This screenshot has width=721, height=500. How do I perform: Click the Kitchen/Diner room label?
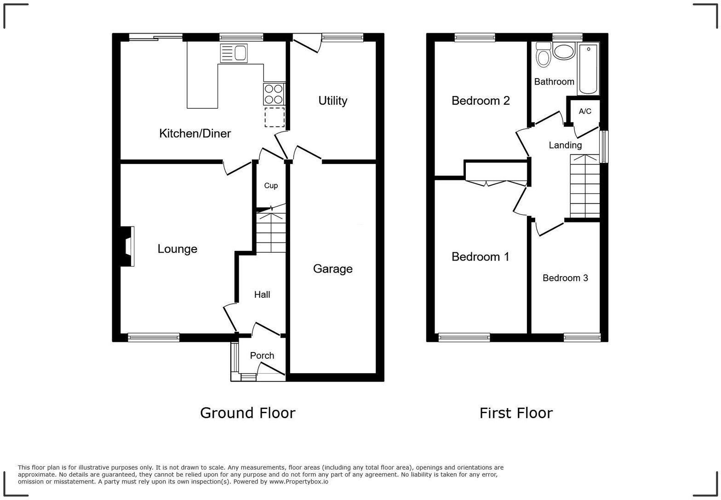(195, 134)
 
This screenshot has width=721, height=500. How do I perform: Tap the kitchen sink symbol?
(234, 53)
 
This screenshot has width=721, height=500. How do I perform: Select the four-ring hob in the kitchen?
(274, 94)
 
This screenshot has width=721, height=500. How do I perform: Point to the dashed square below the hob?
(275, 117)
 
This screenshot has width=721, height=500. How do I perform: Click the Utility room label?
(332, 101)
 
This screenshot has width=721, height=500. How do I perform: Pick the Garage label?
(332, 269)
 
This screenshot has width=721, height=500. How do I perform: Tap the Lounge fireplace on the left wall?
(127, 246)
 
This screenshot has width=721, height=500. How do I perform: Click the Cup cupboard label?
(271, 186)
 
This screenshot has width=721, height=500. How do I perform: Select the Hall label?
(262, 295)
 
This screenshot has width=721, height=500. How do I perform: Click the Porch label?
(262, 356)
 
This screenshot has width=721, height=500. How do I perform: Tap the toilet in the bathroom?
(544, 55)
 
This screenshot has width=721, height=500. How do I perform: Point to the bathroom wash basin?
(564, 51)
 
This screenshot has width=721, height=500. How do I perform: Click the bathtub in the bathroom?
(588, 69)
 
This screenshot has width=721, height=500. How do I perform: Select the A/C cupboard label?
(585, 112)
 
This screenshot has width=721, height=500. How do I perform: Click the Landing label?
(565, 145)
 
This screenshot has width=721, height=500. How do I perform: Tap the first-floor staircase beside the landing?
(585, 187)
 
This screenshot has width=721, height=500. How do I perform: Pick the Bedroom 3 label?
(565, 278)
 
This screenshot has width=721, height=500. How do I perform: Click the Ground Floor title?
(247, 413)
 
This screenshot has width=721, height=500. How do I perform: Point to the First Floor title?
(515, 413)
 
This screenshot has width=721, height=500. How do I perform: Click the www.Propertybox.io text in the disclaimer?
(298, 482)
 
